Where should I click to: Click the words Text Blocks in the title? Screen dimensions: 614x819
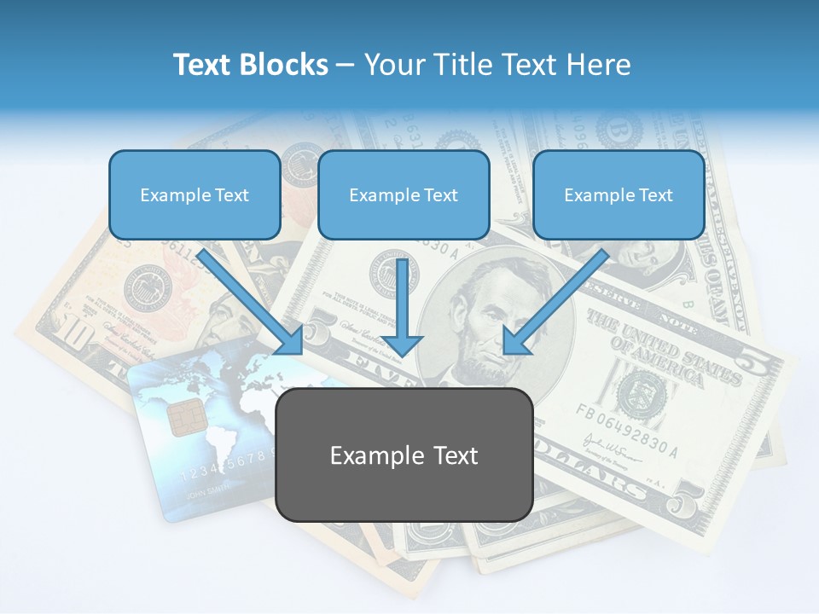pyautogui.click(x=250, y=65)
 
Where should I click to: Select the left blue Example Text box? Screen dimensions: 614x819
pyautogui.click(x=195, y=194)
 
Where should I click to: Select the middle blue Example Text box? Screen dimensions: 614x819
pyautogui.click(x=404, y=194)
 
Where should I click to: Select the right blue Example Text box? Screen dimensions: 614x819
pyautogui.click(x=619, y=194)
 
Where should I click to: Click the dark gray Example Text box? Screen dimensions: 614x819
pyautogui.click(x=404, y=455)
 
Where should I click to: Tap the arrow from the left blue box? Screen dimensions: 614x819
pyautogui.click(x=252, y=303)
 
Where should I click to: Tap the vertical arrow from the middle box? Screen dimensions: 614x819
pyautogui.click(x=402, y=307)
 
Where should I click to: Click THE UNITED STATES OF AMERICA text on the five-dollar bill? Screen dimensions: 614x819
pyautogui.click(x=661, y=345)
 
